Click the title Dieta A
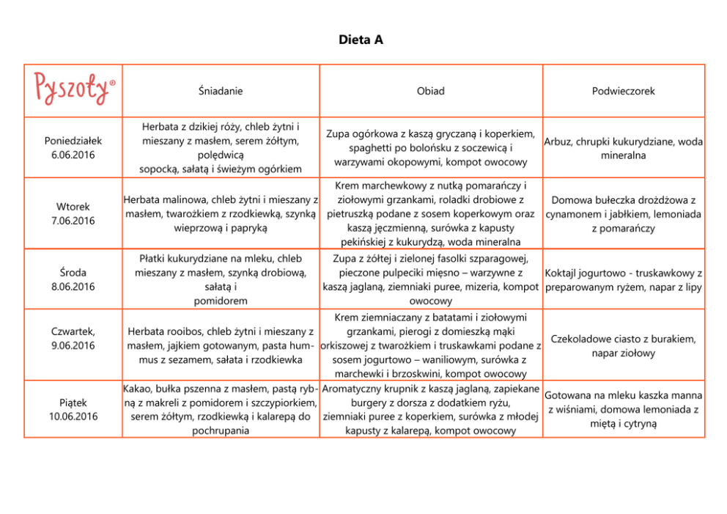361,40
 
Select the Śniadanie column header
221,91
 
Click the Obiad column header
430,91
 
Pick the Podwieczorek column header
623,91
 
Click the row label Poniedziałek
73,140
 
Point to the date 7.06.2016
73,221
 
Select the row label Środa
73,273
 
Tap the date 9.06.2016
73,345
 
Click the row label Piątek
73,403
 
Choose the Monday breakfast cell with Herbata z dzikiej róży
221,148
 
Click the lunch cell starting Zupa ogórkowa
430,148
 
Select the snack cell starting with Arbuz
623,148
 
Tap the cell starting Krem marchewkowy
430,213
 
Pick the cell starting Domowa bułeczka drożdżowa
623,213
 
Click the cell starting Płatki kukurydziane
221,279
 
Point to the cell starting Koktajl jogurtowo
623,279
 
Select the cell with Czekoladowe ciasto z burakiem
623,346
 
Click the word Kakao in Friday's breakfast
136,388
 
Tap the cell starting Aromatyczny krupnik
430,409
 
